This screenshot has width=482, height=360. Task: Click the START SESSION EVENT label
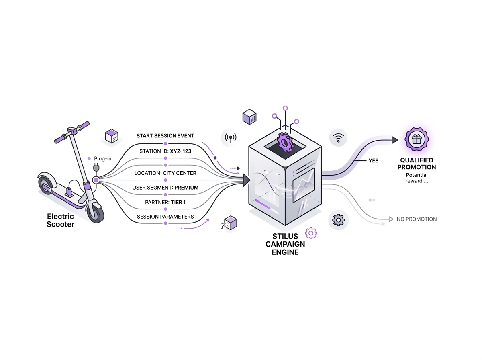tap(165, 136)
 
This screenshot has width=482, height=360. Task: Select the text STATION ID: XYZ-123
tap(165, 151)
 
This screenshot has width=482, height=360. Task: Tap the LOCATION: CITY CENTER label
tap(165, 173)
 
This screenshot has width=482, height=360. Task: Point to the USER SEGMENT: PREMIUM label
tap(165, 188)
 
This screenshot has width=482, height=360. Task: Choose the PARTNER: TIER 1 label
tap(165, 202)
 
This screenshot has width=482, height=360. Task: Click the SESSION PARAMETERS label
tap(165, 217)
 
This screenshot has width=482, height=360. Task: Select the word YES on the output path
tap(374, 160)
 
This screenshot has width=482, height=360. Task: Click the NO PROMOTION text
tap(417, 219)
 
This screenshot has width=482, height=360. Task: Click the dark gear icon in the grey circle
tap(339, 220)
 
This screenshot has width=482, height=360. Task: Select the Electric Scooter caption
tap(60, 221)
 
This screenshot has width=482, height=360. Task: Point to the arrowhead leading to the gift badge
tap(394, 140)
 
